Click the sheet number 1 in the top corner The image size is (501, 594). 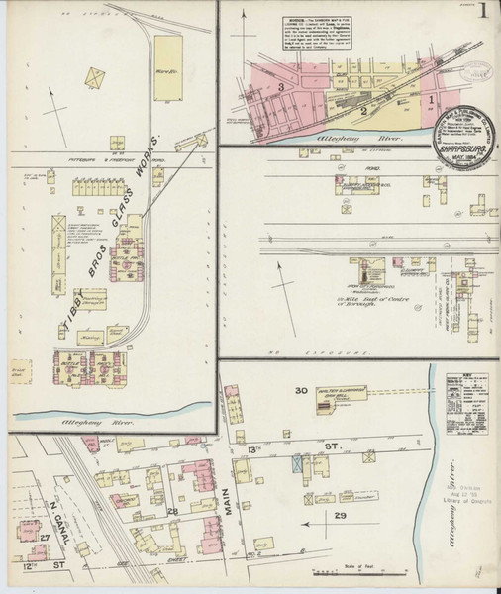coord(481,14)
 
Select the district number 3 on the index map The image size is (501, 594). coord(281,88)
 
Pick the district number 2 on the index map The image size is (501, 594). coord(363,110)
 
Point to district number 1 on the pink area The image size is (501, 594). coord(431,99)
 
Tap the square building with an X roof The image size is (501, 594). coord(95,76)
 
